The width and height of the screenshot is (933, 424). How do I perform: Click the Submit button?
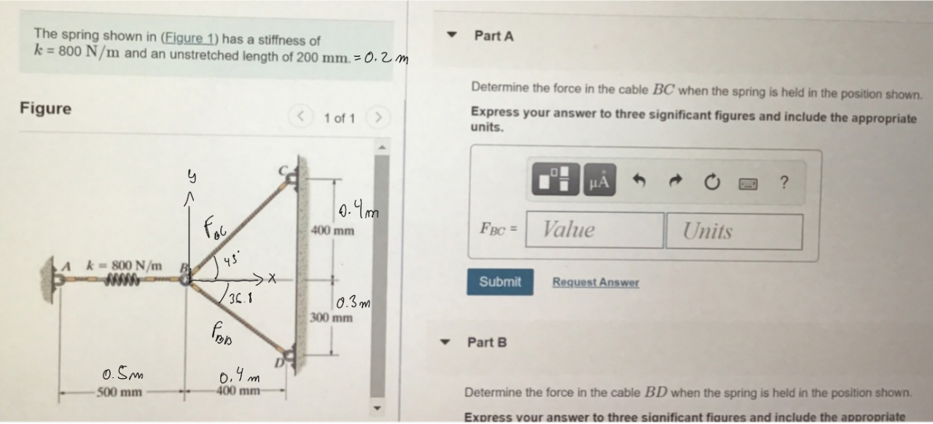(500, 282)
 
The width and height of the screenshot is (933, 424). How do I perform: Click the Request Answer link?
(595, 283)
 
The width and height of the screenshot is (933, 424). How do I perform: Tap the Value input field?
(594, 230)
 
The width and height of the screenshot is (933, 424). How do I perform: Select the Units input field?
(733, 232)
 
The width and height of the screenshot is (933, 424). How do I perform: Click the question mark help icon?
(784, 182)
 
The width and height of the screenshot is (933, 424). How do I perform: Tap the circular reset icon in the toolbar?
(710, 181)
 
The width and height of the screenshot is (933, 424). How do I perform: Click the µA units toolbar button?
(598, 180)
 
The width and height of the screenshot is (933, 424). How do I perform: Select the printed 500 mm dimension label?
(120, 393)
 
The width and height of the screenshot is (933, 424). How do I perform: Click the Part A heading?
(493, 36)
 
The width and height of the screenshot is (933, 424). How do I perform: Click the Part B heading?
(487, 342)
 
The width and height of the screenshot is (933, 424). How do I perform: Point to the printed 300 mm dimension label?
(332, 318)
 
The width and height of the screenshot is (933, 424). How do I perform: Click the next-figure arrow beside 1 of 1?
(378, 117)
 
